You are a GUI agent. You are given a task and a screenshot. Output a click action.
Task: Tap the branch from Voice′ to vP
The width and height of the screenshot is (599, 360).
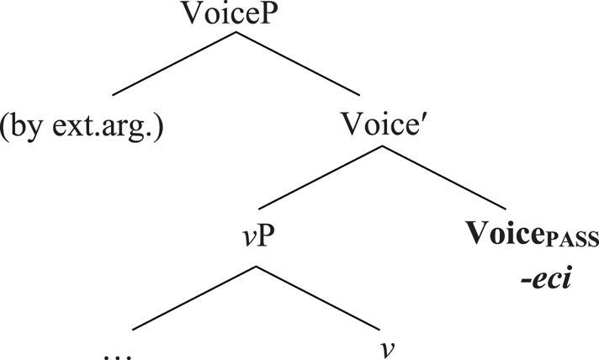320,177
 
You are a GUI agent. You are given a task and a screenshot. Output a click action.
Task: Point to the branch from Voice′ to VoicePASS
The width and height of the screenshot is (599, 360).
446,177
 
